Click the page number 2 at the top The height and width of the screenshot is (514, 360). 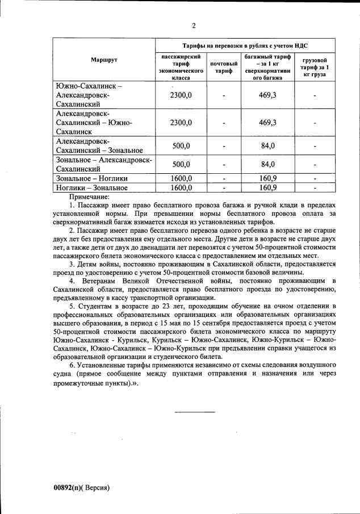[194, 26]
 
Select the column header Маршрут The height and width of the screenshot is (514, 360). [104, 60]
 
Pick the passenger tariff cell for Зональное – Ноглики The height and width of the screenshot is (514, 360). [181, 178]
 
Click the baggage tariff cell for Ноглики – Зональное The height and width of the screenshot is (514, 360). [267, 187]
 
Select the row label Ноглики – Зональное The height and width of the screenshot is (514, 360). [91, 187]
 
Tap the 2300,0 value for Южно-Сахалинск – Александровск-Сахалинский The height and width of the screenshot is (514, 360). [181, 95]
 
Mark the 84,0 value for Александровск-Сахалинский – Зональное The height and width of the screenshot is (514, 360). [267, 146]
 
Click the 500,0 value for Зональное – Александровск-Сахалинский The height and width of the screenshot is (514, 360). [181, 165]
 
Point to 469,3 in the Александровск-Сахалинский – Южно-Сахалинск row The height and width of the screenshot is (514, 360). [267, 122]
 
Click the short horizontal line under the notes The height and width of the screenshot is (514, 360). [195, 411]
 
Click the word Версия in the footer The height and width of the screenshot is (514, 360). [97, 487]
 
